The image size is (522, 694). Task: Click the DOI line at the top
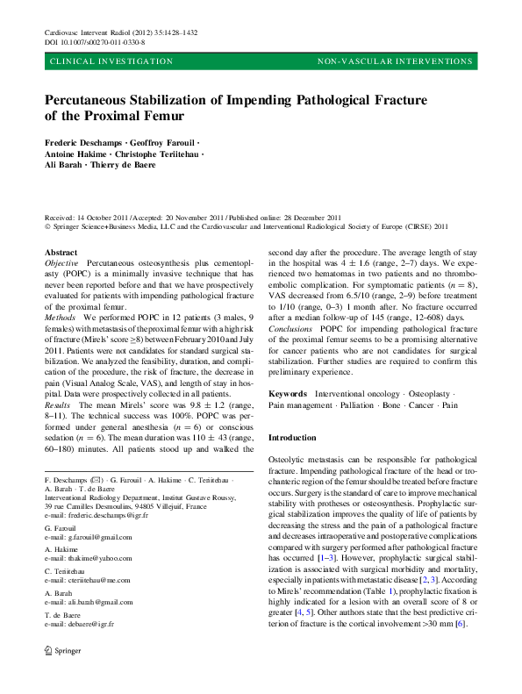click(x=95, y=41)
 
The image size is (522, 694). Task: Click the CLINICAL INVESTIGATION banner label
click(x=111, y=62)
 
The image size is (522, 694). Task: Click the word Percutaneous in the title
click(x=90, y=100)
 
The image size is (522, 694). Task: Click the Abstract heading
click(x=61, y=252)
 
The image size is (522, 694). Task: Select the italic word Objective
click(x=61, y=263)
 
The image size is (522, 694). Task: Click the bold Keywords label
click(x=289, y=394)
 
